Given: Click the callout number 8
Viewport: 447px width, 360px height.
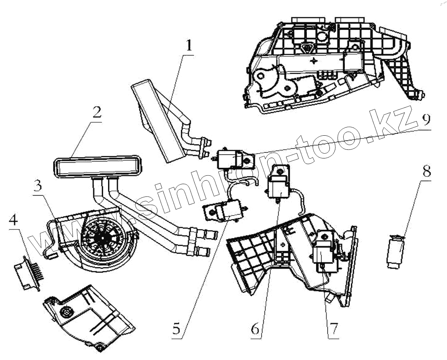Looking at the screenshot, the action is tap(426, 171).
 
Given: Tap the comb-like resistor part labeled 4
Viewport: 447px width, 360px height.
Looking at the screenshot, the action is tap(29, 272).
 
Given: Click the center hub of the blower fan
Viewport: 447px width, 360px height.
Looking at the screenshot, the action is tap(103, 237).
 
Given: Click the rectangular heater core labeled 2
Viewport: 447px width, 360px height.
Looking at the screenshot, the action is tap(96, 167).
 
